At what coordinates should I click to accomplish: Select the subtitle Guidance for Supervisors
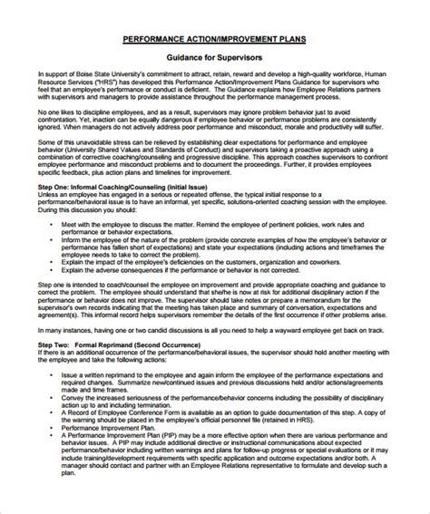coord(215,58)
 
